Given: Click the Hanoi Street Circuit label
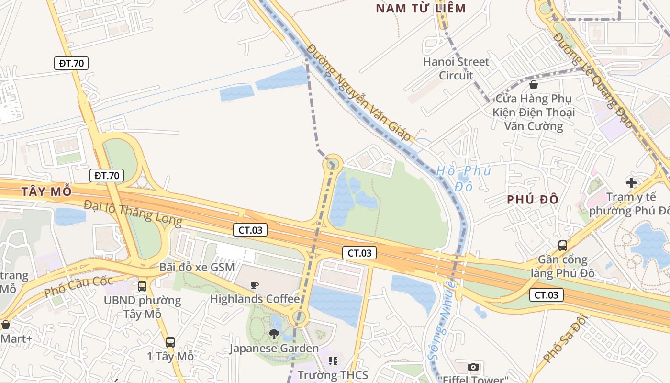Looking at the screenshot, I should pyautogui.click(x=456, y=68).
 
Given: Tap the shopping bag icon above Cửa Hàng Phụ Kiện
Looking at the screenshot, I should pyautogui.click(x=534, y=85).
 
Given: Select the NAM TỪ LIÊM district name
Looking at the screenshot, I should pyautogui.click(x=421, y=8).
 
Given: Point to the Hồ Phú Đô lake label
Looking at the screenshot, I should pyautogui.click(x=463, y=178).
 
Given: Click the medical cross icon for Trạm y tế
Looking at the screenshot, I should pyautogui.click(x=631, y=182).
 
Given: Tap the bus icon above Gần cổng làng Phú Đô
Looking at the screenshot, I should pyautogui.click(x=563, y=246).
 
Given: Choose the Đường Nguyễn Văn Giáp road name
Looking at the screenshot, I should pyautogui.click(x=359, y=92).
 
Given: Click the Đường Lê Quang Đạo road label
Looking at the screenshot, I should pyautogui.click(x=593, y=80).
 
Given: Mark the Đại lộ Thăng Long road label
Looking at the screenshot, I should pyautogui.click(x=133, y=213).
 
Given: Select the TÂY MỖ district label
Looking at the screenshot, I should pyautogui.click(x=46, y=192).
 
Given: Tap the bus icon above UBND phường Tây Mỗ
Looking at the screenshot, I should pyautogui.click(x=142, y=286).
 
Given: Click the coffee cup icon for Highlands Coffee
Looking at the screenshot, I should pyautogui.click(x=255, y=285).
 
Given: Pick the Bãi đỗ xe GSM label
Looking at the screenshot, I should pyautogui.click(x=197, y=267).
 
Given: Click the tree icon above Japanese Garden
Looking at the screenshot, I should pyautogui.click(x=274, y=334).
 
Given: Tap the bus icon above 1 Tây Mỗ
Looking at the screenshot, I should pyautogui.click(x=170, y=342).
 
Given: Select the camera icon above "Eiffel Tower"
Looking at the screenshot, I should pyautogui.click(x=473, y=367).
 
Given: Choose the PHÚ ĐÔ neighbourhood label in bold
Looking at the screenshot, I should pyautogui.click(x=533, y=200).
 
